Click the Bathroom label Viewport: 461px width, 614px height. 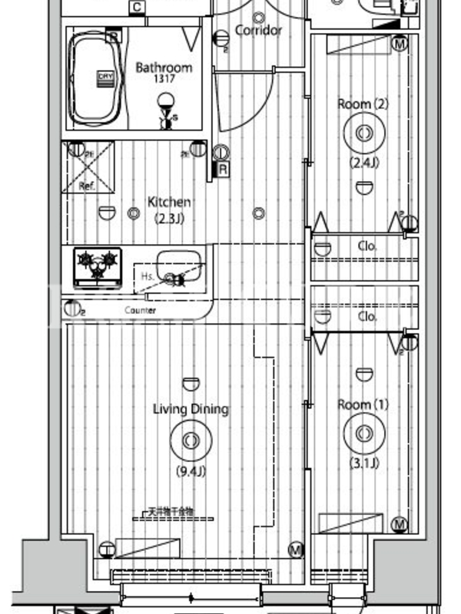[x=164, y=68]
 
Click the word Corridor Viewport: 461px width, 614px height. [x=258, y=31]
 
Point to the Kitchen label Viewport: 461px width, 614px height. [x=169, y=202]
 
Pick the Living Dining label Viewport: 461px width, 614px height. [x=190, y=409]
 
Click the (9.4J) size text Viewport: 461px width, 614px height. [x=190, y=470]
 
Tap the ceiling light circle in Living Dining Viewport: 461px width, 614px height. [x=190, y=441]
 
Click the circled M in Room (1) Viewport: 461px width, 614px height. [x=399, y=525]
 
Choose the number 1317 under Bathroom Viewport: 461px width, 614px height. [x=164, y=80]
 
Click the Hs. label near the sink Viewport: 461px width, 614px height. [x=148, y=276]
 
